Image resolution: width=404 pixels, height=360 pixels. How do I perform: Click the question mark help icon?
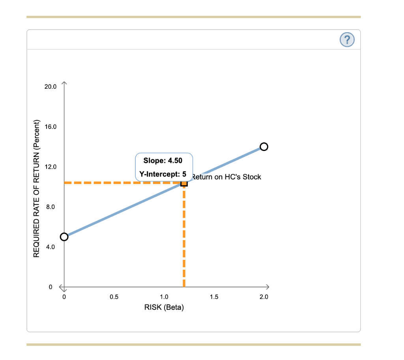(x=347, y=39)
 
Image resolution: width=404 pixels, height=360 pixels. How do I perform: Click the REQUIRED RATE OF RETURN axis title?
(x=37, y=188)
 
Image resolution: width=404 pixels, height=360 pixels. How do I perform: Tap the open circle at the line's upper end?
(x=264, y=147)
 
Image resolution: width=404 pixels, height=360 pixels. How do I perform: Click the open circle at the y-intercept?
(x=64, y=237)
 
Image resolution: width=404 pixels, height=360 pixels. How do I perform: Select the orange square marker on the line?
(x=184, y=183)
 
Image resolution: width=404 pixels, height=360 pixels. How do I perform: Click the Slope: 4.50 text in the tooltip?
(x=163, y=161)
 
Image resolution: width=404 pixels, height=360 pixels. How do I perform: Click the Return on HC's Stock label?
(x=226, y=177)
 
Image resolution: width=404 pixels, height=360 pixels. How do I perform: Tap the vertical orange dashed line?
(x=184, y=237)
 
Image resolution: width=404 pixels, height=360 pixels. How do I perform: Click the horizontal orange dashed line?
(x=118, y=183)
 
